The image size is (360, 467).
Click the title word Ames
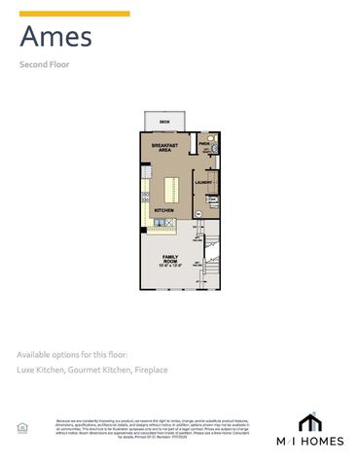point(56,38)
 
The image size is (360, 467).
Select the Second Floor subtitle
point(44,65)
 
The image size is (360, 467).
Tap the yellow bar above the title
point(74,14)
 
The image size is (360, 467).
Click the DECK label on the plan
point(165,122)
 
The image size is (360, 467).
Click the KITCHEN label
point(163,209)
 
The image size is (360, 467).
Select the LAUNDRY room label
point(204,182)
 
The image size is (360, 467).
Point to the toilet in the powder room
point(213,152)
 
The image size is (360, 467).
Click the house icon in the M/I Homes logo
point(310,421)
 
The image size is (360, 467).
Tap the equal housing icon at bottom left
point(21,427)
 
